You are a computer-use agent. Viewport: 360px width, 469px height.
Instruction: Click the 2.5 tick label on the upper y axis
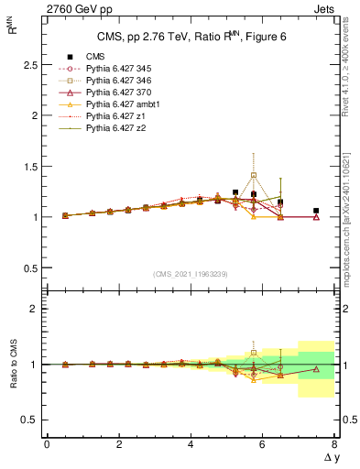(x=28, y=66)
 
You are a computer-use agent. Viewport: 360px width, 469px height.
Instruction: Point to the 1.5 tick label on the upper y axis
(x=28, y=167)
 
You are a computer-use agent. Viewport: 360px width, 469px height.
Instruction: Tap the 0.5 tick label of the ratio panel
(x=28, y=420)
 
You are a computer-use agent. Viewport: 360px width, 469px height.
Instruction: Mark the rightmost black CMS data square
(x=316, y=211)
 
